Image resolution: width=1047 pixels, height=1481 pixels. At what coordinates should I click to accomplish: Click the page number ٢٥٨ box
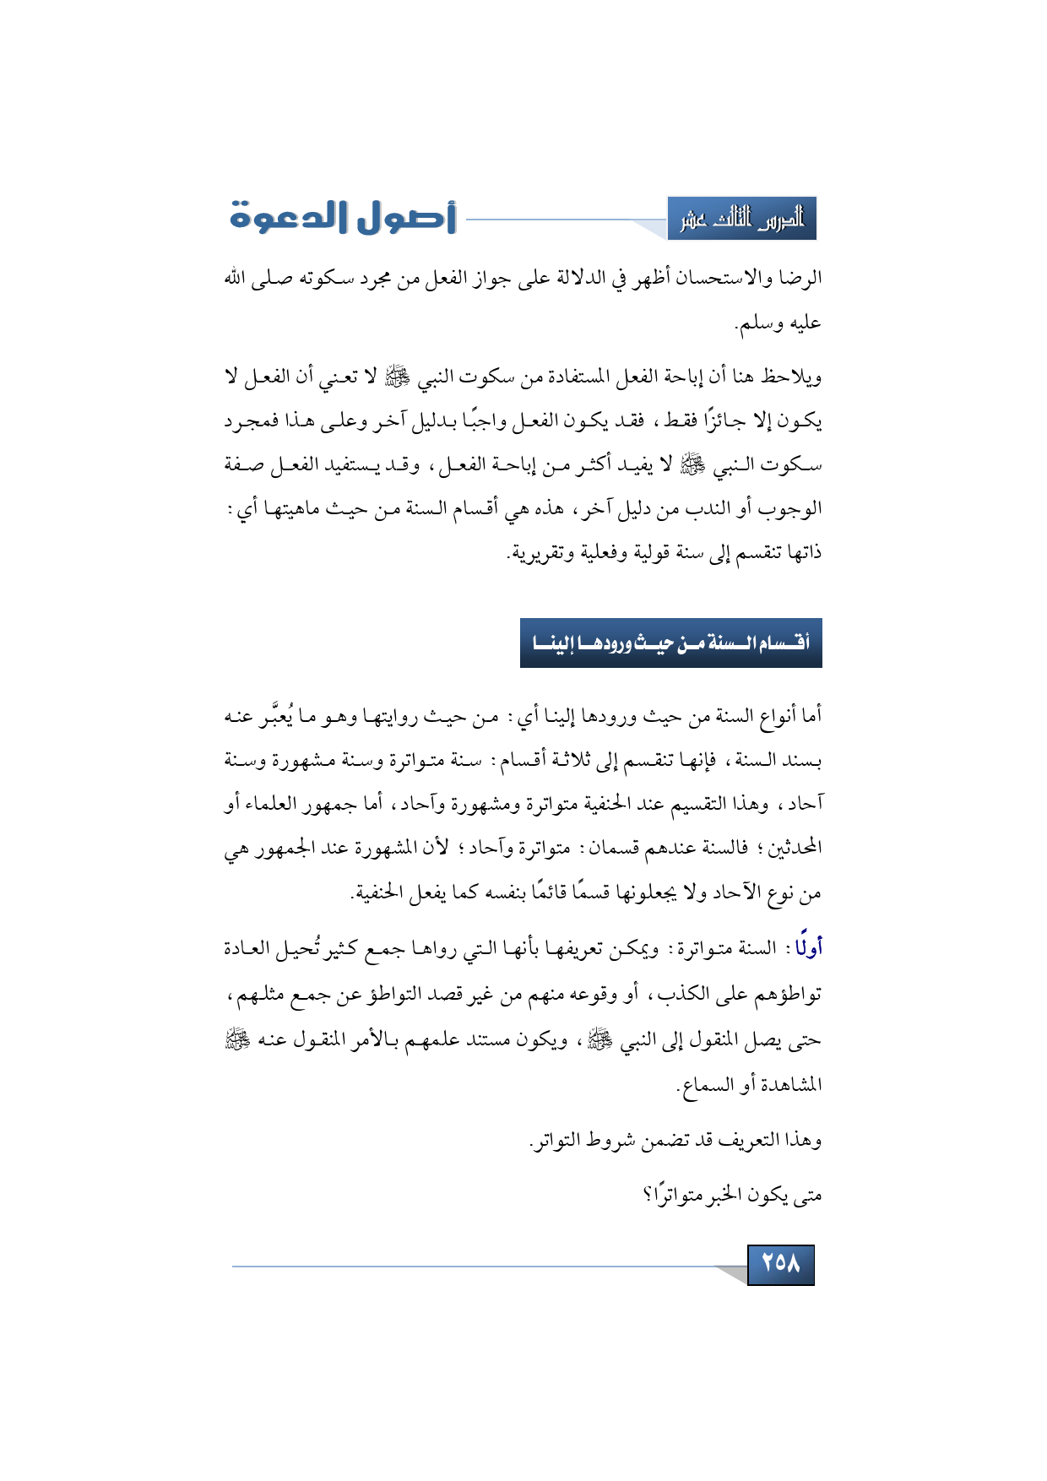(780, 1263)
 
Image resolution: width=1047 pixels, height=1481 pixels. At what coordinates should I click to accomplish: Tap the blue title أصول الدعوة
(343, 218)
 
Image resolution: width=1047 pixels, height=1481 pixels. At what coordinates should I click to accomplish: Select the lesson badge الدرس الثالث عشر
(741, 220)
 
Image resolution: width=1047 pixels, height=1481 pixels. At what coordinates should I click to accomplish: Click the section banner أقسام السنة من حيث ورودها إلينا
(670, 643)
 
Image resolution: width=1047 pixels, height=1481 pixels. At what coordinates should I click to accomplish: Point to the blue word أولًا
(808, 948)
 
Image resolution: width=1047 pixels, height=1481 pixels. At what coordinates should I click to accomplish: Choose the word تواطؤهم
(790, 994)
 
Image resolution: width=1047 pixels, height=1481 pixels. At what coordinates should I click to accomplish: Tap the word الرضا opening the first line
(800, 278)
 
